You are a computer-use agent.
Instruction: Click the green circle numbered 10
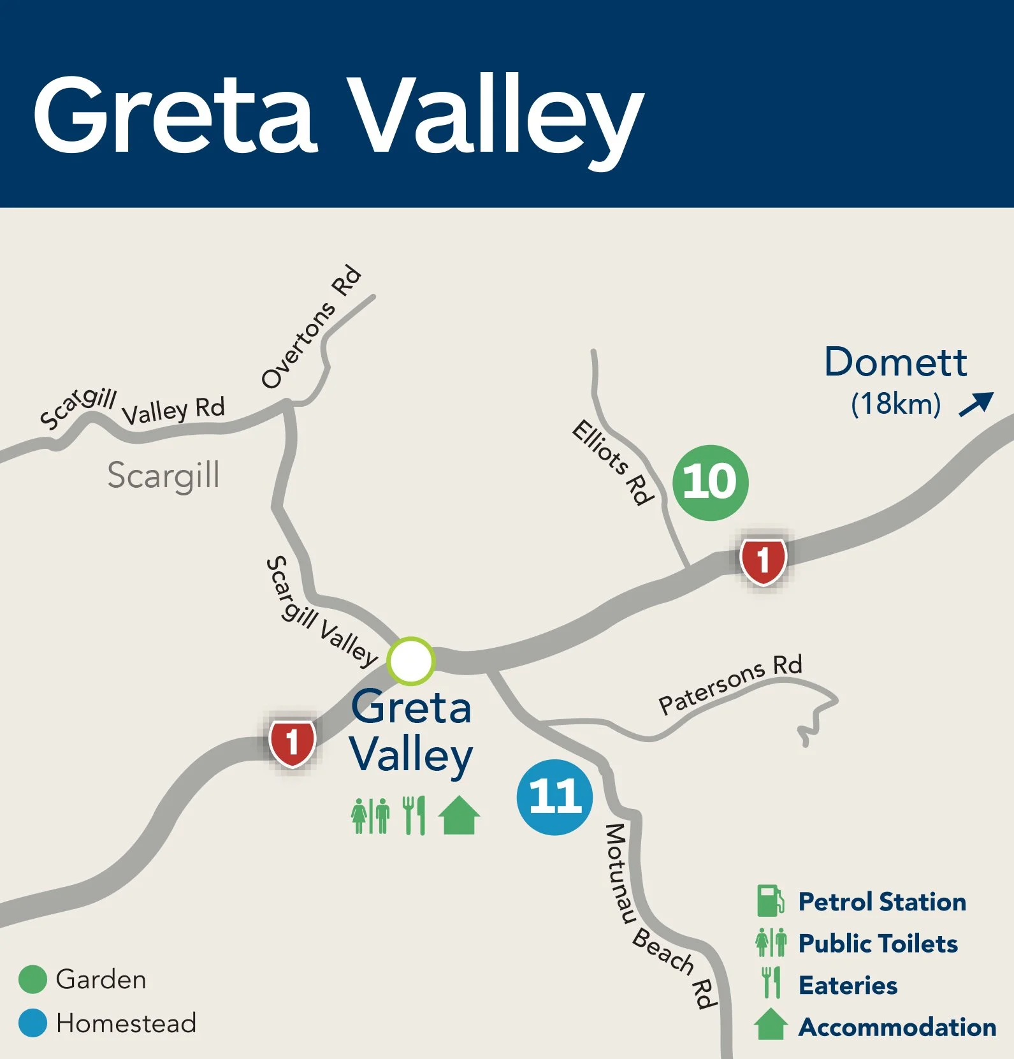pos(711,483)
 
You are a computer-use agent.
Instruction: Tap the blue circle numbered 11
pos(554,797)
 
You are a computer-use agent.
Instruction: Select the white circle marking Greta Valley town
pos(411,661)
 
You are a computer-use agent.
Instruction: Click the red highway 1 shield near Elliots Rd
pos(763,560)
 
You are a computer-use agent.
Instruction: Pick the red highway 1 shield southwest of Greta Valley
pos(292,742)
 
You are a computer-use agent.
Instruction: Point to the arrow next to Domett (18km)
pos(976,404)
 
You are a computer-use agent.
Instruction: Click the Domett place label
pos(895,362)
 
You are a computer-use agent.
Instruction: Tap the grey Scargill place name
pos(163,476)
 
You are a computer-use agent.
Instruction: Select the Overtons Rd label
pos(312,326)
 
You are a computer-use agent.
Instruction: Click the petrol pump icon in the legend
pos(770,901)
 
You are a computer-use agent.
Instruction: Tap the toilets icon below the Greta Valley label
pos(370,815)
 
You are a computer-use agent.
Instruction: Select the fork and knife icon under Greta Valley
pos(414,815)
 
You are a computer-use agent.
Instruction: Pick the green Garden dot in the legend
pos(33,979)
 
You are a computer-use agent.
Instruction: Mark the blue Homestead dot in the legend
pos(33,1023)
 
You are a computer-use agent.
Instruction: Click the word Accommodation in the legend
pos(897,1027)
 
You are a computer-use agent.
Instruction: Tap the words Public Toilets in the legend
pos(878,944)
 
